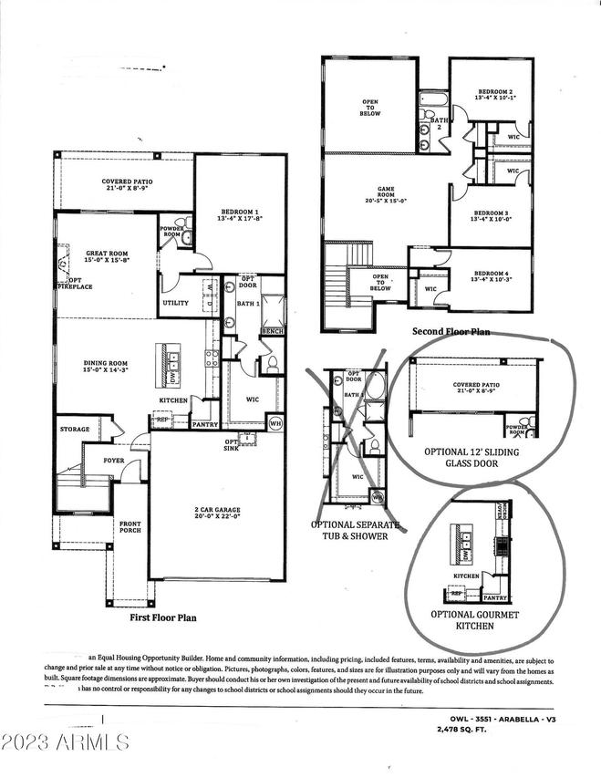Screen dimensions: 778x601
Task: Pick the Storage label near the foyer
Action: (75, 429)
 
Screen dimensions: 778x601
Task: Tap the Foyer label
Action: (113, 461)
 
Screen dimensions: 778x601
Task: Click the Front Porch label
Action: (130, 527)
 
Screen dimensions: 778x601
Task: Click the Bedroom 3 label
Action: (492, 214)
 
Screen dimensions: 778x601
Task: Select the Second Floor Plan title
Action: (451, 332)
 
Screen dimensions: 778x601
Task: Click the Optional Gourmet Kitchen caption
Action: (474, 621)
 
